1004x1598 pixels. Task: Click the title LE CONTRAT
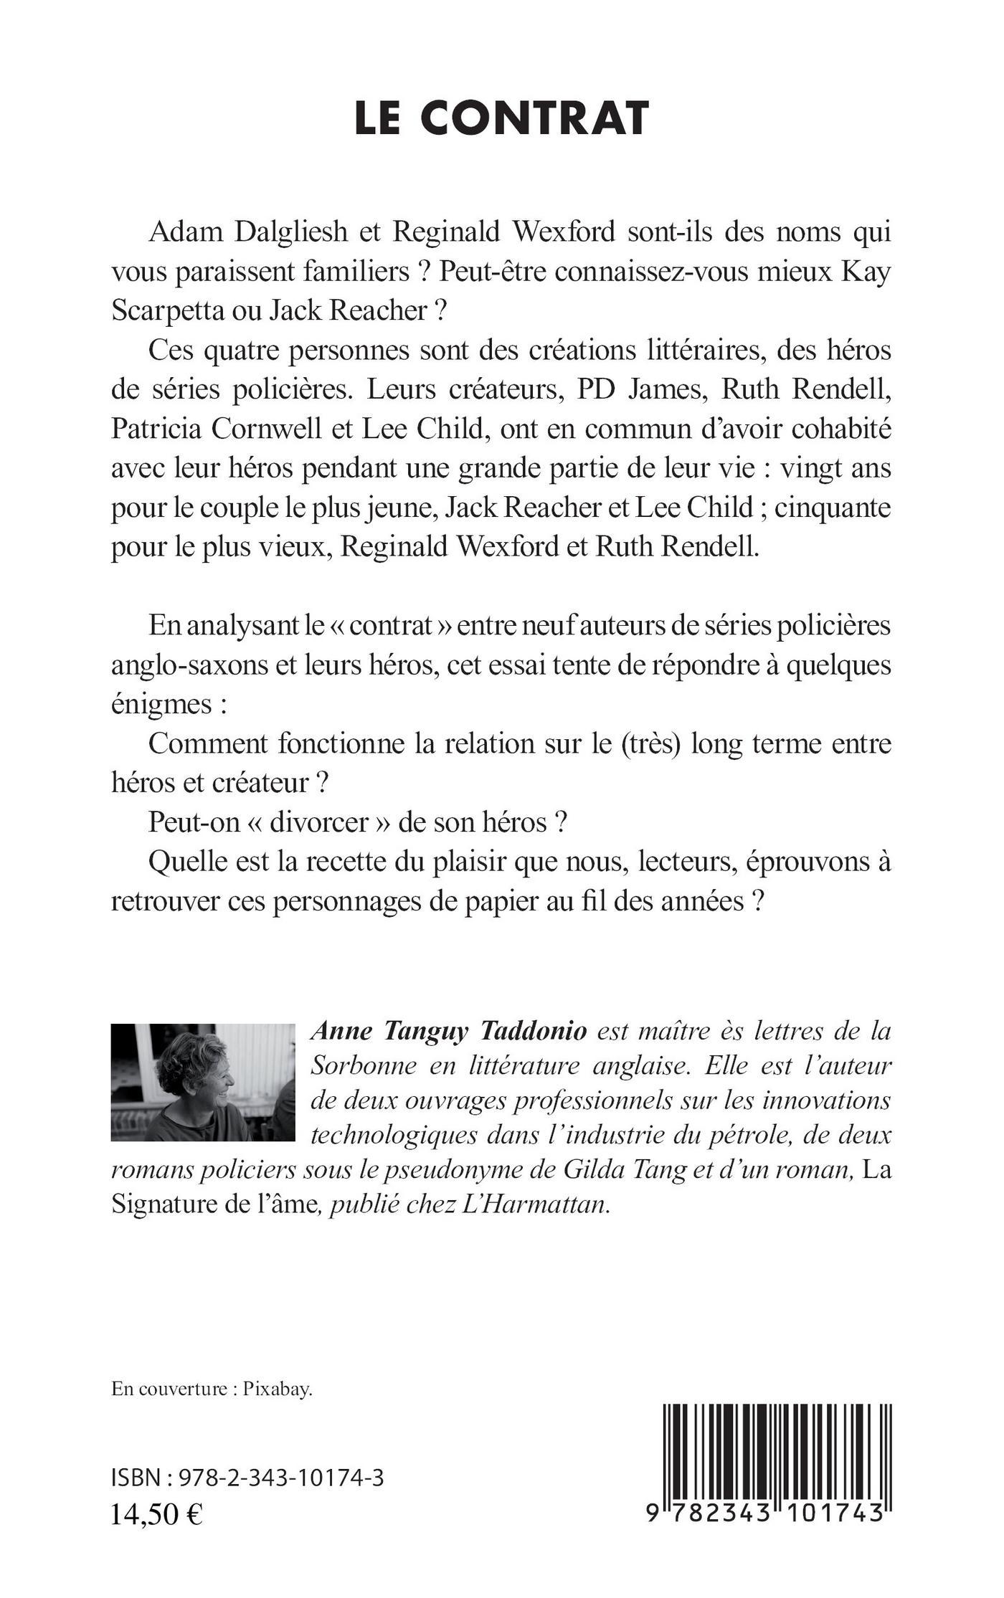coord(501,118)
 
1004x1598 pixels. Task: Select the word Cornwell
coord(276,429)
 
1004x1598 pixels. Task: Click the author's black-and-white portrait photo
coord(203,1082)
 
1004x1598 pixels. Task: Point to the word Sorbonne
coord(362,1065)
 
